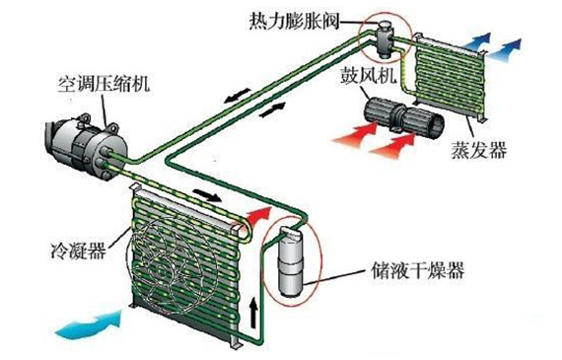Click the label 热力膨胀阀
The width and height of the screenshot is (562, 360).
point(294,20)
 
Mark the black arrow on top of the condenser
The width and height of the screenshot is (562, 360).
point(204,194)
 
